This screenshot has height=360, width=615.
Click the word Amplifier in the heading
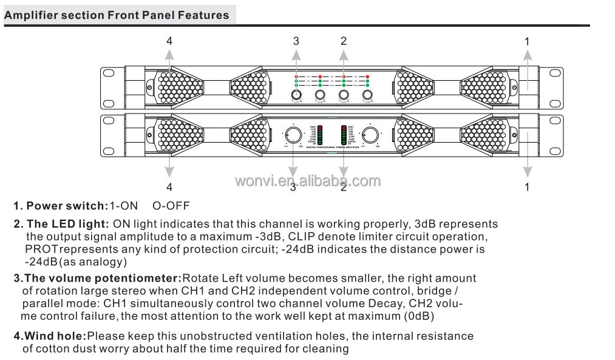point(29,15)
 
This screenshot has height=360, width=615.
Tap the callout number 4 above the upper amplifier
point(170,41)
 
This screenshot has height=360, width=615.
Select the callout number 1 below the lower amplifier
point(527,187)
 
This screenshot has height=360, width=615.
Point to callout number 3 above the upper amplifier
point(296,41)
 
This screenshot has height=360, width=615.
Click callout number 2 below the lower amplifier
point(344,187)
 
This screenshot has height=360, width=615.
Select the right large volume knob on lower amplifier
point(370,135)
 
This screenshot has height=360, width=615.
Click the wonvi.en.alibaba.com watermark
point(307,180)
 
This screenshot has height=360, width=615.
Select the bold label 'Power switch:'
point(67,206)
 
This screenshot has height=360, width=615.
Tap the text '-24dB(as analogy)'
point(76,262)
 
